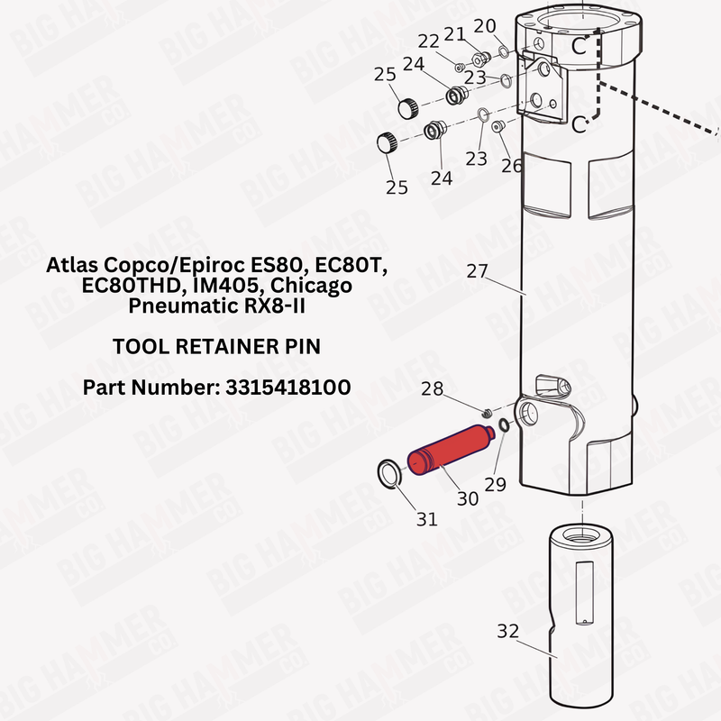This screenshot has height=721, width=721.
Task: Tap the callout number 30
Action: coord(467,497)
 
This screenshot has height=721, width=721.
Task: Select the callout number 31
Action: coord(426,519)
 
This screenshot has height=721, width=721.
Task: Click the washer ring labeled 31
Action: coord(390,472)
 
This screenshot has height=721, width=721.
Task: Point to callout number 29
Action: coord(495,484)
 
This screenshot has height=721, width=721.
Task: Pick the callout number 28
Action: coord(433,388)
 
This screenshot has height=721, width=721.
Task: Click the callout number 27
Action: coord(477,269)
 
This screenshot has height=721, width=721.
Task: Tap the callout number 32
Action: coord(508,631)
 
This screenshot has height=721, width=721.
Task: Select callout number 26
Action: coord(511,166)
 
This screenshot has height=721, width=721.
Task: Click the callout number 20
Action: coord(485,25)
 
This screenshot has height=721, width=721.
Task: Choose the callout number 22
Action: coord(428,41)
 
